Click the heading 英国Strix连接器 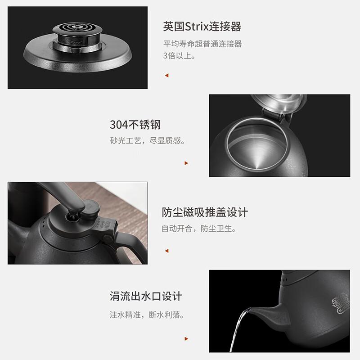202,27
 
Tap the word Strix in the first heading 197,27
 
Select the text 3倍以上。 179,55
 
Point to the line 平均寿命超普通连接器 202,44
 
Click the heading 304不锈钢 135,125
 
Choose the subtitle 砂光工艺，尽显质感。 148,140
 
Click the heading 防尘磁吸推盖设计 205,212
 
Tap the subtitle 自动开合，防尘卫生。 199,229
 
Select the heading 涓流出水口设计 146,296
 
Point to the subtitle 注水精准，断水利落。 147,315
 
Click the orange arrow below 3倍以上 167,75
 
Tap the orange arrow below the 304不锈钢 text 186,163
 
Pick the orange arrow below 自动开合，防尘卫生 167,251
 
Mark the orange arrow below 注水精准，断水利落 186,339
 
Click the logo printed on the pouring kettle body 341,302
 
